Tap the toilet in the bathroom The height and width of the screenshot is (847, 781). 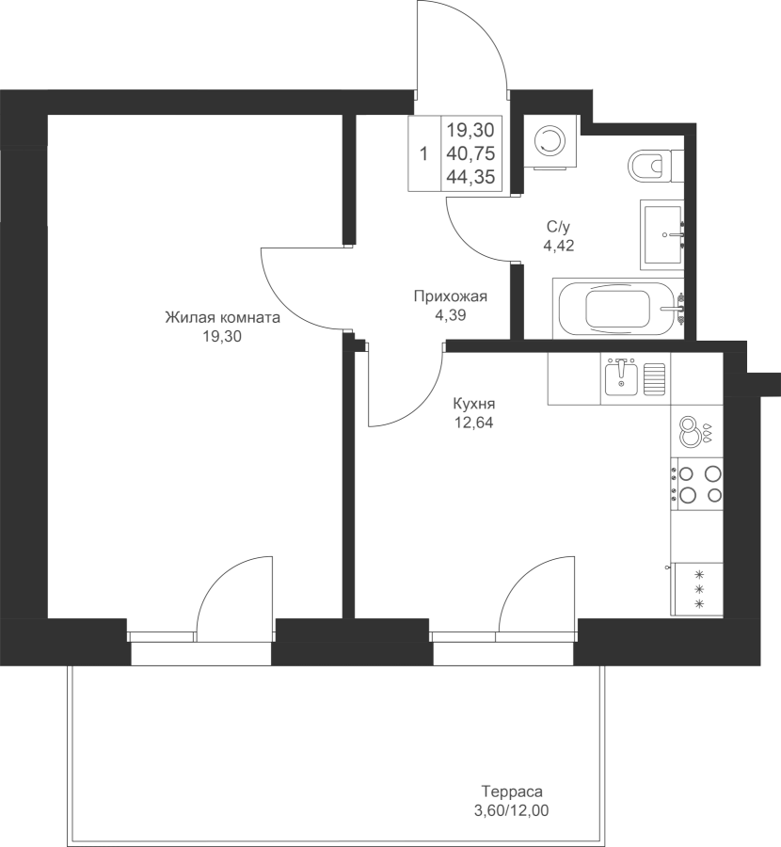pos(653,166)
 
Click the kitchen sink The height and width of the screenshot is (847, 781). pos(635,377)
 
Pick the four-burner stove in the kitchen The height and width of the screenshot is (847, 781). pos(696,484)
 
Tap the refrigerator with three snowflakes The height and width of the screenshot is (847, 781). pos(696,589)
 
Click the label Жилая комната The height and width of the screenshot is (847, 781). pos(222,317)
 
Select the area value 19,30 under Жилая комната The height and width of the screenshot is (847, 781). pos(222,337)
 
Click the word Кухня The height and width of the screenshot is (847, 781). pos(473,404)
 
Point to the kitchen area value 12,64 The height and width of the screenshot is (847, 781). pos(473,423)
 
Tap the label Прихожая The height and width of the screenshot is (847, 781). pos(451,296)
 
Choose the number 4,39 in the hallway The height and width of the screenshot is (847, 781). pos(451,315)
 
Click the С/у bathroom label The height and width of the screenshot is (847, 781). pos(559,226)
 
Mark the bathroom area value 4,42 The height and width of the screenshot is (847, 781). pos(559,246)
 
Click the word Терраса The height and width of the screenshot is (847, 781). pos(512,791)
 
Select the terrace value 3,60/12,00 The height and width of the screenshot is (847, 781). pos(511,810)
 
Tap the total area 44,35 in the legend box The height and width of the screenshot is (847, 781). pos(471,177)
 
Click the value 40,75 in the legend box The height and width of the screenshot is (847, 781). pos(471,154)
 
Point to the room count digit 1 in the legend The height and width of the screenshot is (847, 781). pos(424,154)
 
